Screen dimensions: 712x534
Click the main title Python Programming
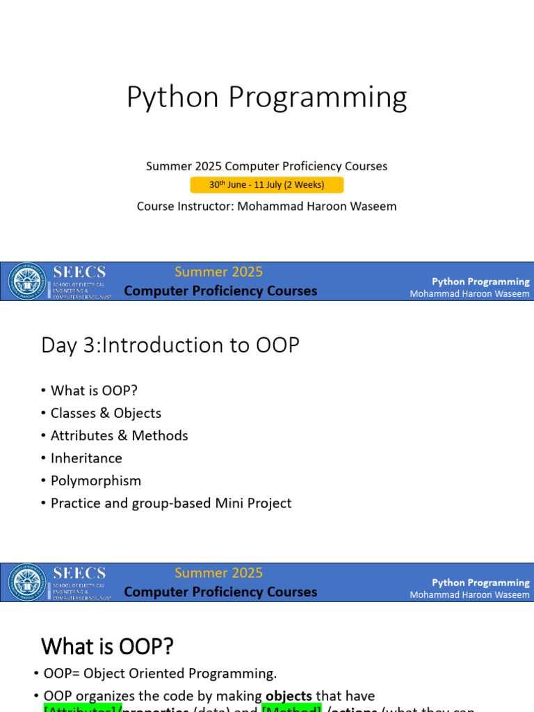click(x=266, y=98)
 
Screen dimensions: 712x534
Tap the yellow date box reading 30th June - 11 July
click(x=266, y=185)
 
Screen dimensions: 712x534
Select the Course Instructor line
click(x=266, y=207)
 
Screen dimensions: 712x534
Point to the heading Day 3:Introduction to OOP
click(x=170, y=345)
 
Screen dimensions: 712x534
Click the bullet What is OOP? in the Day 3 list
click(x=94, y=391)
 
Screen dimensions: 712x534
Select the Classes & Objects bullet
click(x=106, y=413)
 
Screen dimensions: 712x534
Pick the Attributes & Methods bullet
click(x=119, y=435)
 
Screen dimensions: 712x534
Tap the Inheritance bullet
click(x=86, y=458)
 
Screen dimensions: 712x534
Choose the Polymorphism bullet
click(x=96, y=480)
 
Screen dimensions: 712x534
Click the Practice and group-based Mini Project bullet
click(x=171, y=503)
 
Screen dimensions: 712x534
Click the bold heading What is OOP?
click(x=107, y=647)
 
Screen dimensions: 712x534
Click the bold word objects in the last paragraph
click(x=289, y=696)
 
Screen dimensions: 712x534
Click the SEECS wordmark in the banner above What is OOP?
click(x=79, y=573)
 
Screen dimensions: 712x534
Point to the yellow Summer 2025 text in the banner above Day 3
click(x=218, y=272)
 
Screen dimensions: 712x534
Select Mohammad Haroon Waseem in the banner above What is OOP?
click(x=469, y=594)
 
